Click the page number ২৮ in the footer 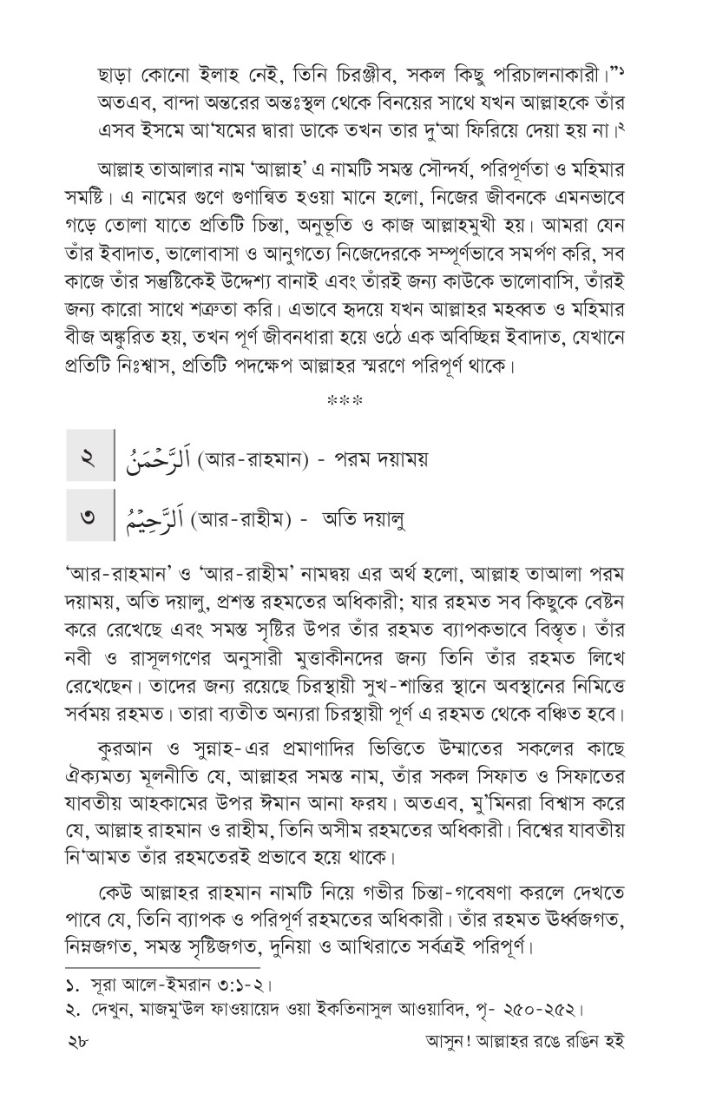pos(78,1062)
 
